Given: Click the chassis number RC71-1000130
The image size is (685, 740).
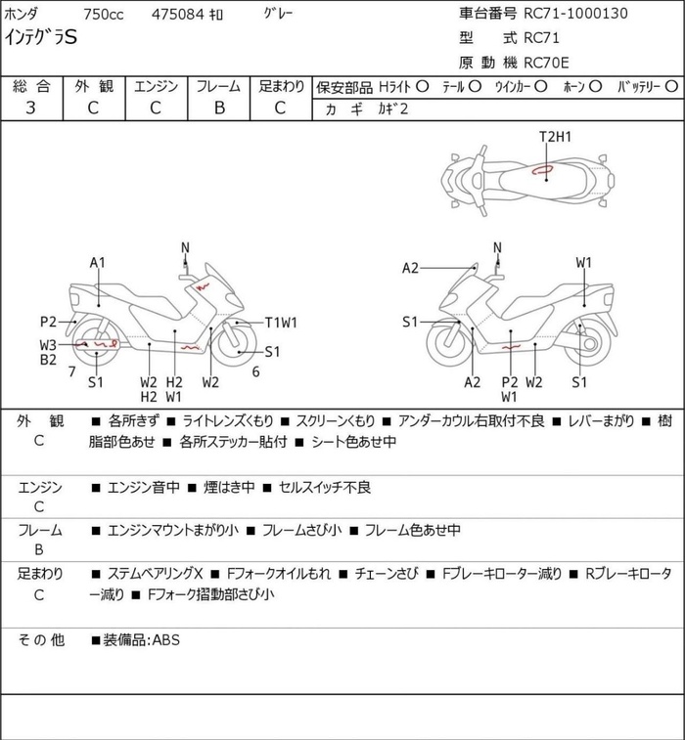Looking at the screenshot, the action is pyautogui.click(x=575, y=14).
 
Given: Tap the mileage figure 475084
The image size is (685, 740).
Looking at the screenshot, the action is pyautogui.click(x=178, y=15).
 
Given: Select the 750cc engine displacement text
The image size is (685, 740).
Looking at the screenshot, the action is pyautogui.click(x=104, y=15).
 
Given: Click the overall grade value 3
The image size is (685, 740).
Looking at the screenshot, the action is pyautogui.click(x=30, y=108).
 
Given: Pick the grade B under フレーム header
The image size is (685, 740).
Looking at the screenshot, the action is pyautogui.click(x=219, y=108).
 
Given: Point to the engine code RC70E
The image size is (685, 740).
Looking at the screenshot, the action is pyautogui.click(x=546, y=63).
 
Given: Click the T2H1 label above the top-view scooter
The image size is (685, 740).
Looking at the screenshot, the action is pyautogui.click(x=555, y=137).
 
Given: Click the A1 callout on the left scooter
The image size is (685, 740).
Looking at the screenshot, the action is pyautogui.click(x=98, y=262).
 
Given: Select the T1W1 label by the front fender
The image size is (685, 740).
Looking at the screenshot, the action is pyautogui.click(x=281, y=323).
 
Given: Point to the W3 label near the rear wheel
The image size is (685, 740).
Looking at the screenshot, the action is pyautogui.click(x=48, y=345).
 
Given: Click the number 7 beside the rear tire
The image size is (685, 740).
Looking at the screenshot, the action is pyautogui.click(x=71, y=371).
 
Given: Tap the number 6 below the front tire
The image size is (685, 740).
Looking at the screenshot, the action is pyautogui.click(x=255, y=371).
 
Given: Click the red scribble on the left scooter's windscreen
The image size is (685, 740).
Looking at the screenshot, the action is pyautogui.click(x=203, y=286).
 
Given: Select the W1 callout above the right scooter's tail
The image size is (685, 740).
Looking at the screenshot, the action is pyautogui.click(x=584, y=262).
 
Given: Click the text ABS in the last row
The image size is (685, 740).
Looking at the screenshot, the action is pyautogui.click(x=165, y=640).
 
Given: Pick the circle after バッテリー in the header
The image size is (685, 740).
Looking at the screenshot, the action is pyautogui.click(x=671, y=87).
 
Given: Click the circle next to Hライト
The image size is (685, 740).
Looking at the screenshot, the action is pyautogui.click(x=422, y=87).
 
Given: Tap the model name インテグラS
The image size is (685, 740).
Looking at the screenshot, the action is pyautogui.click(x=41, y=37).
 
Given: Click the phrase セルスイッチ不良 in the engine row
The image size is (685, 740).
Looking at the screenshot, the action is pyautogui.click(x=325, y=487).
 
